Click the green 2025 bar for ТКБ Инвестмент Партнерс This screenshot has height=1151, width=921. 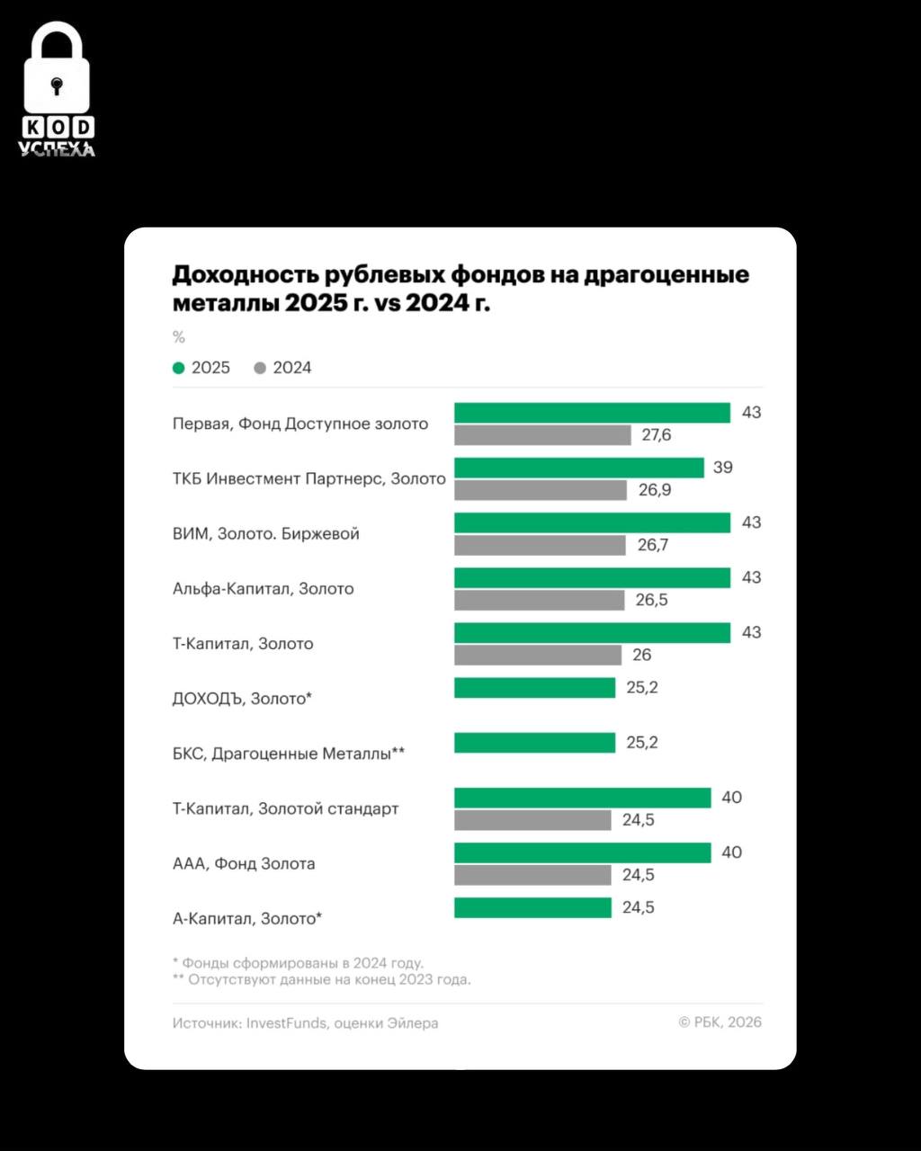[578, 468]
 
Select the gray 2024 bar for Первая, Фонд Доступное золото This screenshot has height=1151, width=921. [542, 435]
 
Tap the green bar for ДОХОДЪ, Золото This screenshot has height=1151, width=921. [534, 688]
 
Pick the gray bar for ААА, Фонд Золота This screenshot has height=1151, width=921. [532, 875]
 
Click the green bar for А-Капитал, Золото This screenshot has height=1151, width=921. [532, 908]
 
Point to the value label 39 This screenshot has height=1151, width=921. [722, 468]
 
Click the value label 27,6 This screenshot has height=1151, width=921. [657, 435]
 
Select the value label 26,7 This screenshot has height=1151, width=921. [653, 545]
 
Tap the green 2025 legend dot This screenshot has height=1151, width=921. [179, 368]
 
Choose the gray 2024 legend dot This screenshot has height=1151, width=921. [261, 368]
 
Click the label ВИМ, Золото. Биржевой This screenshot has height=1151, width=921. [265, 534]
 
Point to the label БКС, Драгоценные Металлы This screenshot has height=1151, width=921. [288, 754]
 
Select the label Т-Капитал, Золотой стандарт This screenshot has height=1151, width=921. [285, 808]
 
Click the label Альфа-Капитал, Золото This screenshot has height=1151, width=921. [263, 589]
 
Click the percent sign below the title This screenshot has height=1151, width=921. [178, 337]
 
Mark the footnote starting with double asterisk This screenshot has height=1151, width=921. [321, 979]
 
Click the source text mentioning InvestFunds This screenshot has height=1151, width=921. [305, 1022]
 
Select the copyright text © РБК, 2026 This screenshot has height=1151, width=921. [720, 1022]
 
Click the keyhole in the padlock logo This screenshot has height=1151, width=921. [58, 86]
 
